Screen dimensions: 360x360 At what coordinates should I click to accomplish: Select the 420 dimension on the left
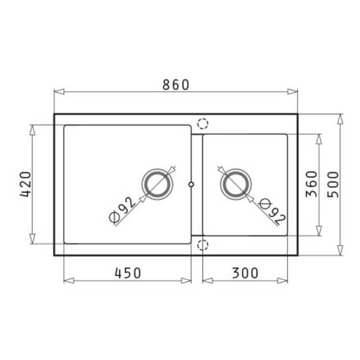(24, 185)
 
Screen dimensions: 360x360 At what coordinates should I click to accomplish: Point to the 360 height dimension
(310, 185)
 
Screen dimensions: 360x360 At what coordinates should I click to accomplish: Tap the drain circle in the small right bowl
(235, 184)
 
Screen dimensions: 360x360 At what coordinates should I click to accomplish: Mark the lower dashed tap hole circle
(203, 245)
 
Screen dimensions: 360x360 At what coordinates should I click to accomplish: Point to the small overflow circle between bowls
(190, 184)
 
